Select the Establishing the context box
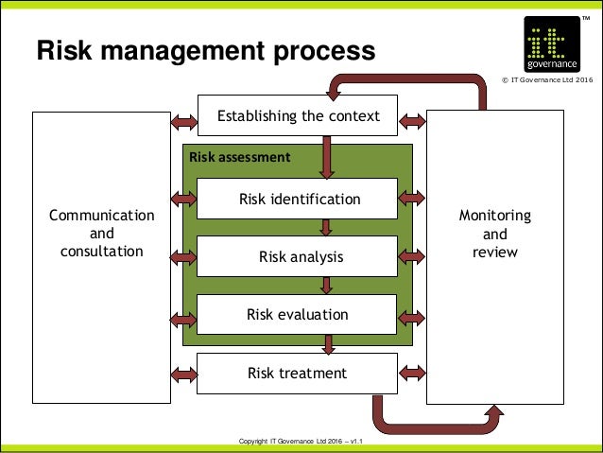tap(299, 116)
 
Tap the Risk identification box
tap(299, 200)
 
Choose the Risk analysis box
tap(299, 256)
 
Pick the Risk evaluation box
tap(299, 314)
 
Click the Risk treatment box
tap(299, 373)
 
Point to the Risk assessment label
tap(239, 157)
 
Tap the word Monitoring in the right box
tap(494, 216)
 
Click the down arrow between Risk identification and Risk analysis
tap(325, 227)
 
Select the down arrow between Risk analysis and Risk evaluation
tap(325, 285)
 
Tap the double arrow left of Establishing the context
tap(183, 121)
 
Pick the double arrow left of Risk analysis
tap(183, 255)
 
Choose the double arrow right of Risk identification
tap(412, 198)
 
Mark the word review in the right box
tap(494, 252)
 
